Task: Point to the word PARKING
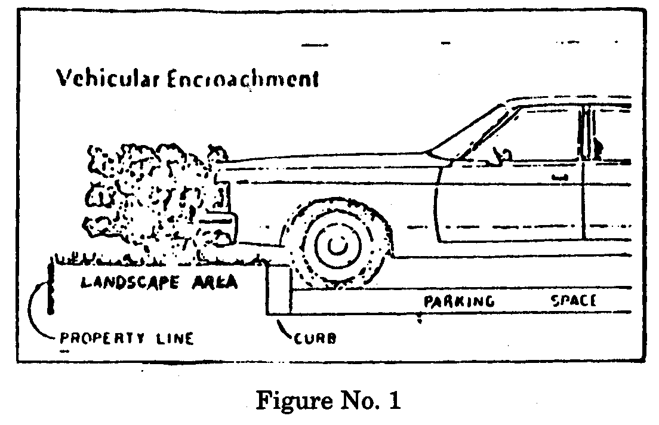tap(459, 301)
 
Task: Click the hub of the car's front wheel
tap(337, 245)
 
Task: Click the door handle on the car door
tap(559, 177)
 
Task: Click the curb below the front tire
tap(279, 292)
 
